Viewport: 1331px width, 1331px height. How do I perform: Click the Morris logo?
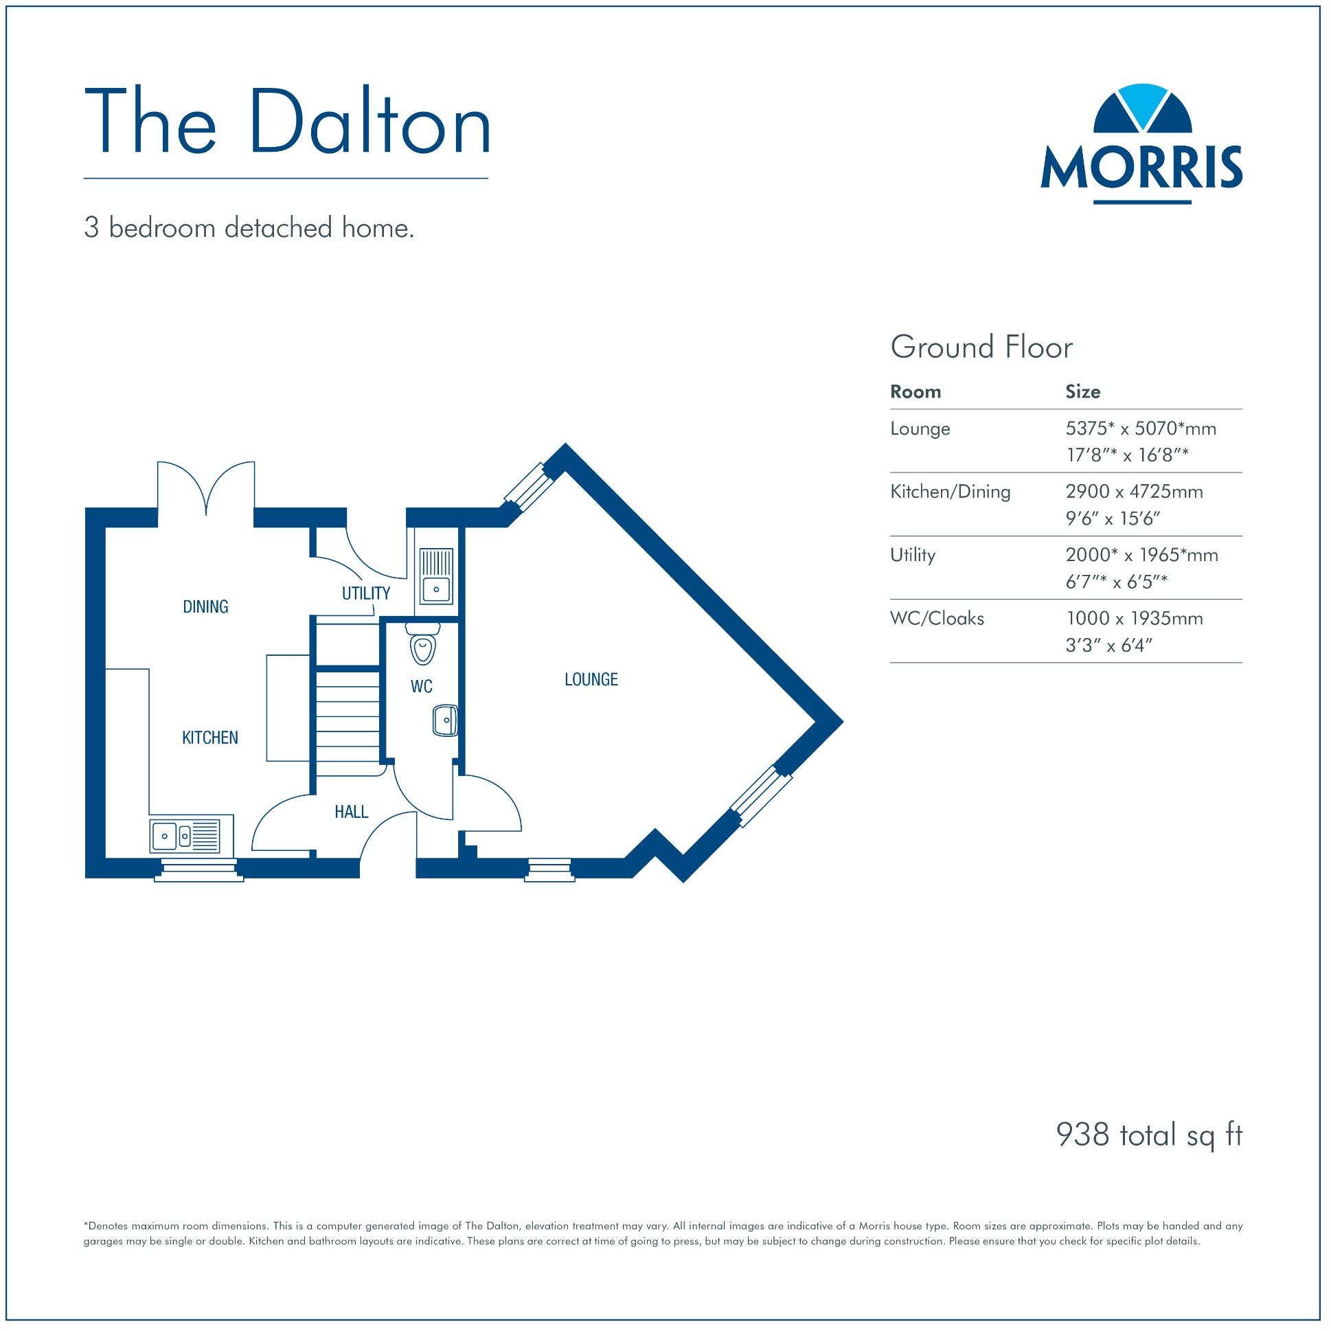pyautogui.click(x=1141, y=145)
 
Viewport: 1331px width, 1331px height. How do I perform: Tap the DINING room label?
pyautogui.click(x=205, y=607)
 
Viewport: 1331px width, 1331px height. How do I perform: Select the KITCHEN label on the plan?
pyautogui.click(x=210, y=738)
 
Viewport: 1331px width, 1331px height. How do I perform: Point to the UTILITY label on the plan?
pyautogui.click(x=366, y=593)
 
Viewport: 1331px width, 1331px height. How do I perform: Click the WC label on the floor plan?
pyautogui.click(x=421, y=686)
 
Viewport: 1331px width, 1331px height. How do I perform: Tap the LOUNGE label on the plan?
pyautogui.click(x=591, y=680)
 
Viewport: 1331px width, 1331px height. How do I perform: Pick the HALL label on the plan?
pyautogui.click(x=352, y=812)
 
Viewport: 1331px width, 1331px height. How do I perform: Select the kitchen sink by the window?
pyautogui.click(x=185, y=836)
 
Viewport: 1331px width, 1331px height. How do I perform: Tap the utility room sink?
pyautogui.click(x=435, y=576)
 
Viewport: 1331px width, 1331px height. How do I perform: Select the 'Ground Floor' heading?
pyautogui.click(x=981, y=348)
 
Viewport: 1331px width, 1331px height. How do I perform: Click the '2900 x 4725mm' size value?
pyautogui.click(x=1134, y=492)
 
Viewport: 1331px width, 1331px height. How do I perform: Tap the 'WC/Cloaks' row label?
pyautogui.click(x=937, y=619)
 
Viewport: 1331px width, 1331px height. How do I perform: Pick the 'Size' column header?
pyautogui.click(x=1082, y=392)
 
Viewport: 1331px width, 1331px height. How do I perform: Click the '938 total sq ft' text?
pyautogui.click(x=1148, y=1135)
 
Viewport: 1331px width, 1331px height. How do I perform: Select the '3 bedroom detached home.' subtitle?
pyautogui.click(x=249, y=228)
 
